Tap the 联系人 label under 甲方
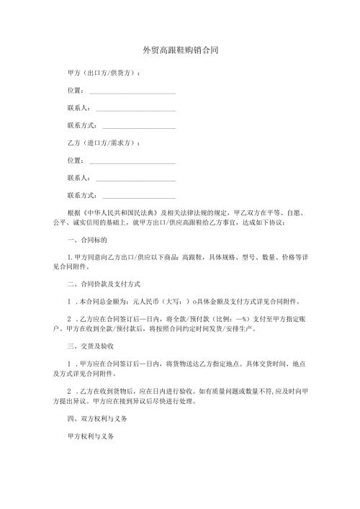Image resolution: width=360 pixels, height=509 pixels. (77, 109)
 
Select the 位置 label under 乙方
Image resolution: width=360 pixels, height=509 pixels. (74, 161)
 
